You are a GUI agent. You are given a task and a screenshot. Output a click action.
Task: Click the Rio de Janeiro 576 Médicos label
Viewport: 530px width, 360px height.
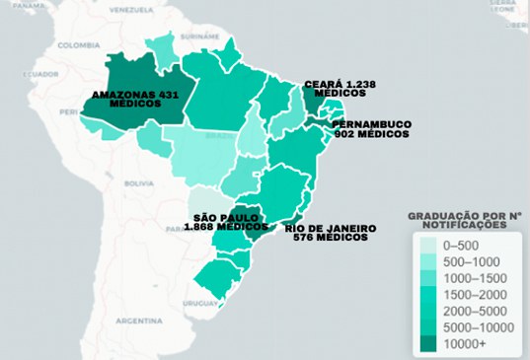(330, 233)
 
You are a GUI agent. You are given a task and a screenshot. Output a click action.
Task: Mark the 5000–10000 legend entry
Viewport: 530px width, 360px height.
(468, 327)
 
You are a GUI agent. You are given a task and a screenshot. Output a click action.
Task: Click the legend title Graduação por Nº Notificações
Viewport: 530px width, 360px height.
(465, 220)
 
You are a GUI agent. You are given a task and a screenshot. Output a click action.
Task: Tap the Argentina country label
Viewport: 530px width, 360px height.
(138, 322)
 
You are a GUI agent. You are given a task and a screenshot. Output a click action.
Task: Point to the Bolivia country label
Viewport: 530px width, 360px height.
(139, 183)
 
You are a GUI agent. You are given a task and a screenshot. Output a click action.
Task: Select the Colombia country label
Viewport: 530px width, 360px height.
(78, 45)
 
